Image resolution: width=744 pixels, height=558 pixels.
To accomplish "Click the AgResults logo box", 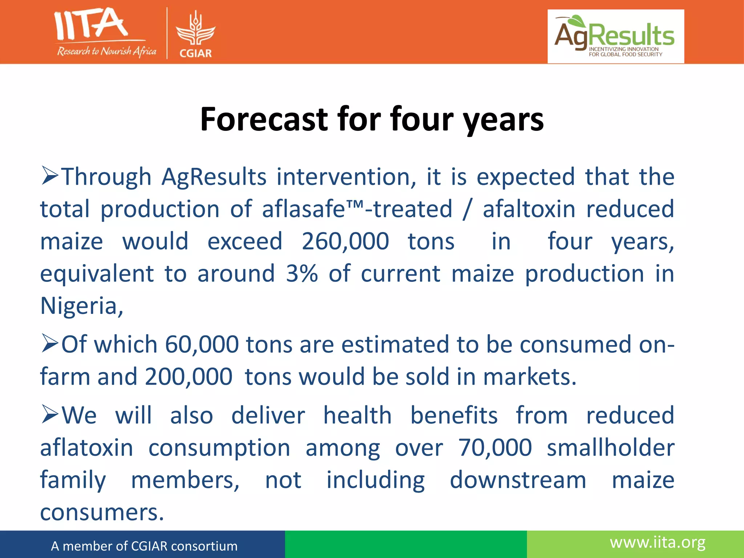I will pos(615,36).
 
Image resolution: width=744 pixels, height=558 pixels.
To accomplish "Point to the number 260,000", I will pos(345,241).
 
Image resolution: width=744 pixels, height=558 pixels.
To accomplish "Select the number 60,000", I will pos(202,344).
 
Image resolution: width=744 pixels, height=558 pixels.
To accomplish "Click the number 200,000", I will pos(189,376).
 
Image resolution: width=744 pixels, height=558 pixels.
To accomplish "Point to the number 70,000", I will pos(495,448).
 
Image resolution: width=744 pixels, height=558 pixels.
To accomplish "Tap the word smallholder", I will pos(610,448).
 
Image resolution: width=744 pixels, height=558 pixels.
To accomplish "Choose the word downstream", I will pos(518,480).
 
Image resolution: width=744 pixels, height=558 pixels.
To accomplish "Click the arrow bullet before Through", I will pos(49,176).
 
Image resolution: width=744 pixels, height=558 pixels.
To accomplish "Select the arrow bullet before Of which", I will pos(49,343).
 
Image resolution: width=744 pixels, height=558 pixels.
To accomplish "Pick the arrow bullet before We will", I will pos(49,415).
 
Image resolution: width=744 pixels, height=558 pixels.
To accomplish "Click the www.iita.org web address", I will pos(658,543).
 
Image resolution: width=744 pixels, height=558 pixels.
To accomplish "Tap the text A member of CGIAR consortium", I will pos(144,546).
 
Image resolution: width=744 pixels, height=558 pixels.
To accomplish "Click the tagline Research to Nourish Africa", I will pos(106,51).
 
